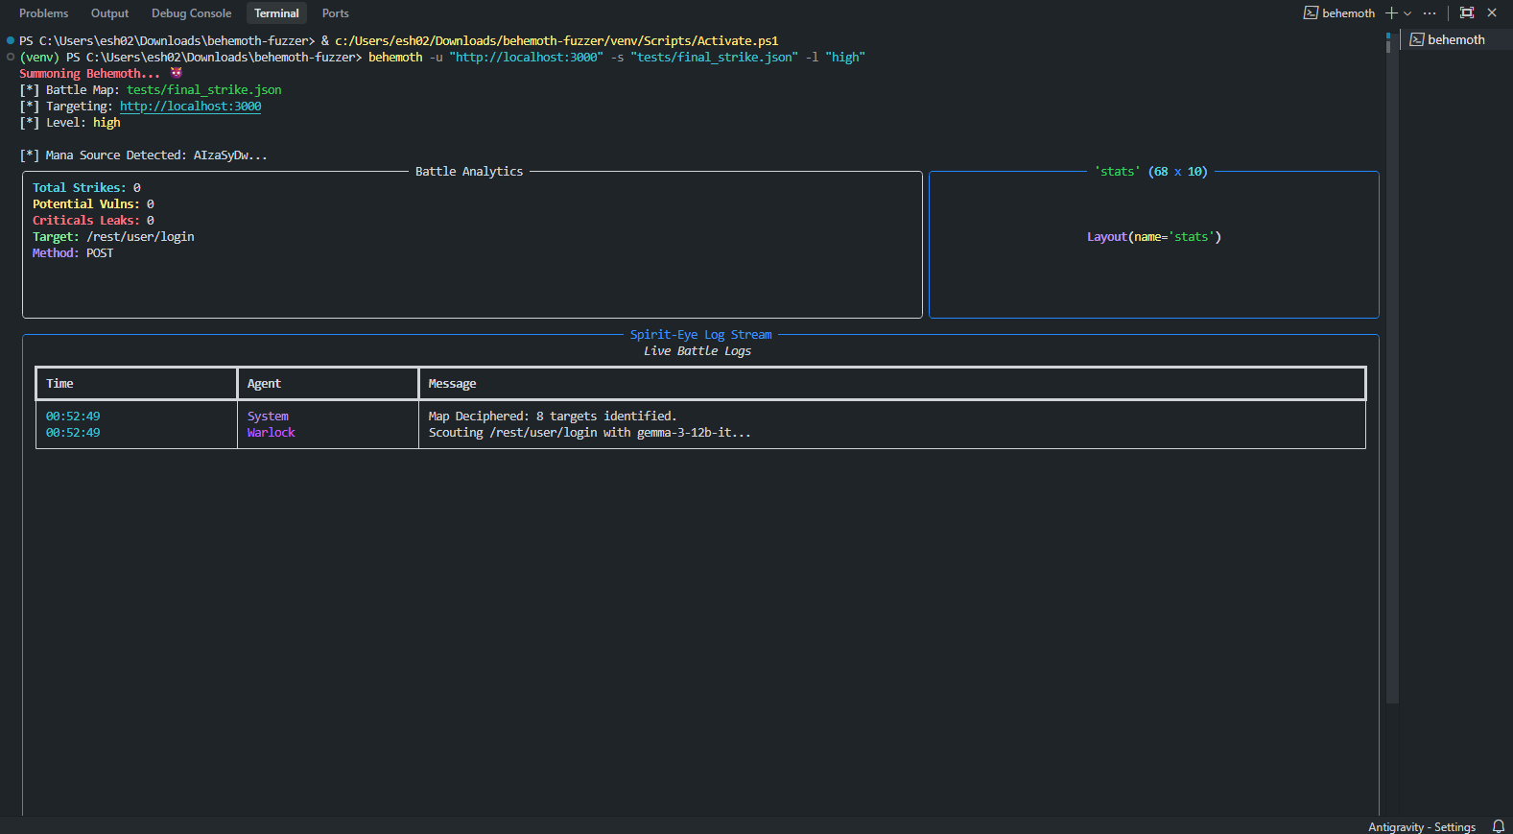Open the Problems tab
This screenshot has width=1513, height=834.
[43, 13]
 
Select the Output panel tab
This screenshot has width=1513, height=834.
[109, 13]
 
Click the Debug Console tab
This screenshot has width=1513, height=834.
[191, 13]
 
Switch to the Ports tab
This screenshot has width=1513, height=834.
[335, 13]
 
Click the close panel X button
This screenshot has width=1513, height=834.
[1492, 12]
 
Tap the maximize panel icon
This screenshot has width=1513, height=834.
[1466, 12]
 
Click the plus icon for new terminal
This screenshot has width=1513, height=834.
[1391, 12]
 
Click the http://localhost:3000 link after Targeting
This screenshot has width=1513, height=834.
[190, 107]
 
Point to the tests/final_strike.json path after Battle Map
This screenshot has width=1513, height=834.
[203, 90]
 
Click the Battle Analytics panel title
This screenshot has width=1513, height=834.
[469, 172]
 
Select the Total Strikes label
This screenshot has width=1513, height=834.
[79, 188]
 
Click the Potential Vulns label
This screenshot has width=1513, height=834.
[85, 204]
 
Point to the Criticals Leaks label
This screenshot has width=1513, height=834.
[85, 221]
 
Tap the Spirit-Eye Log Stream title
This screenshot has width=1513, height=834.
[700, 335]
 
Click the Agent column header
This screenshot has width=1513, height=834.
[264, 384]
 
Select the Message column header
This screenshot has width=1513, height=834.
[452, 384]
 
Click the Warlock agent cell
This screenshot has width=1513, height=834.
[271, 433]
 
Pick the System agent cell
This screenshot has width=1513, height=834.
[268, 417]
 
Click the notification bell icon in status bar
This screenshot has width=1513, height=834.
[1498, 826]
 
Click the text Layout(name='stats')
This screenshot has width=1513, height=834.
[1153, 237]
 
